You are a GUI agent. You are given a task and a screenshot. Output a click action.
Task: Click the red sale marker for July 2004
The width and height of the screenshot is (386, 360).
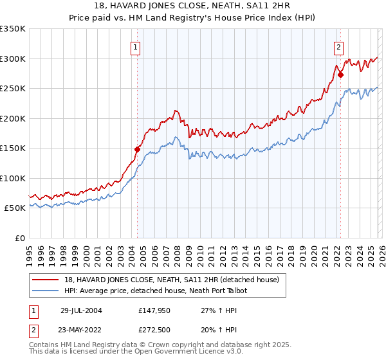tap(137, 149)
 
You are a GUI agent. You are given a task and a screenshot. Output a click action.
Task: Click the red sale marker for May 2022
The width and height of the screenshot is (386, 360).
tap(340, 75)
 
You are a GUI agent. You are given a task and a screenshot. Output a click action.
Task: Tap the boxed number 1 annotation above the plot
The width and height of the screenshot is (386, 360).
tap(136, 46)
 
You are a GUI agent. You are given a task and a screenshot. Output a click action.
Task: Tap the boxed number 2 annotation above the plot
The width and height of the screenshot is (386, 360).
tap(339, 46)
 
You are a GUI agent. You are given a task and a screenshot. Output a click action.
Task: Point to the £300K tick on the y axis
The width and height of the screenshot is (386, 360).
tap(13, 59)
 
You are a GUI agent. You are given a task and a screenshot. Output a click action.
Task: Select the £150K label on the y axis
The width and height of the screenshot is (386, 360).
tap(13, 148)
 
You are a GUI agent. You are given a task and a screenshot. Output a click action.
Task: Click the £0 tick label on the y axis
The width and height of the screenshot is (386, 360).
tap(20, 238)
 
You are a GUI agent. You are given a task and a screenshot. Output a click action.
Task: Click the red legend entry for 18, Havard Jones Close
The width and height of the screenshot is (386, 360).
tap(171, 280)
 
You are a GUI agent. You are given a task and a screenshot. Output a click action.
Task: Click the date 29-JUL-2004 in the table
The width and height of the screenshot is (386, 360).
tap(81, 310)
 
